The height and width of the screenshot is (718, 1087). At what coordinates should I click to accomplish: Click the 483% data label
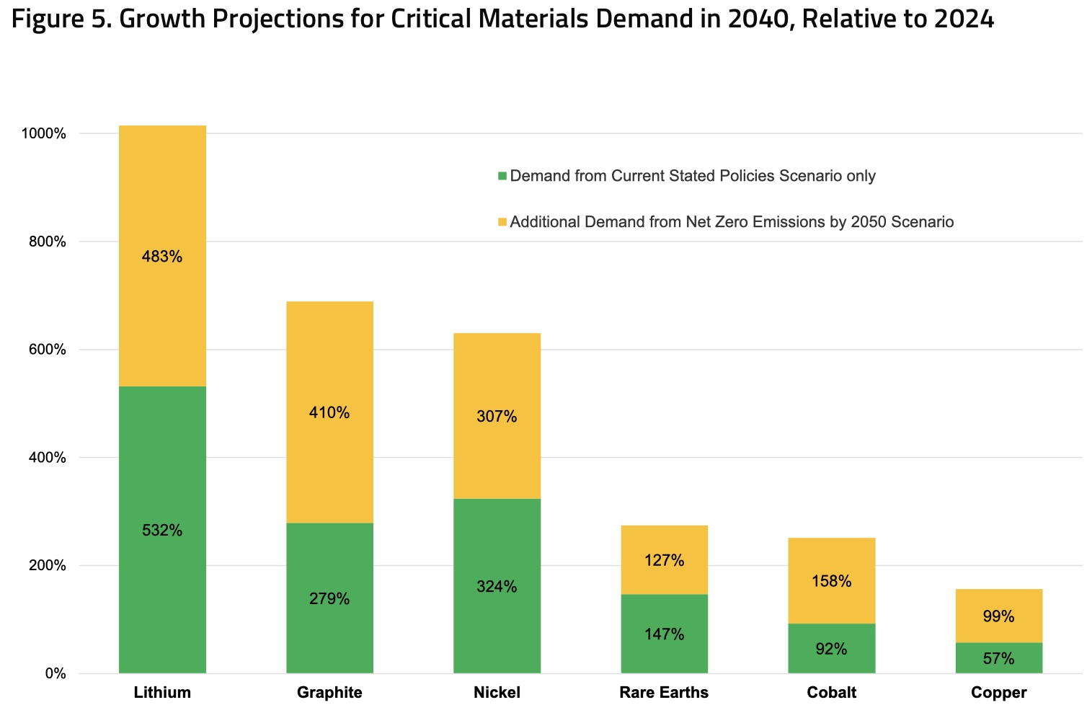[162, 257]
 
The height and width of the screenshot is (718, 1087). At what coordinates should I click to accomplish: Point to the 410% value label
[329, 413]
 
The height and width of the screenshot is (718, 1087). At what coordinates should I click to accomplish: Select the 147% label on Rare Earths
[664, 634]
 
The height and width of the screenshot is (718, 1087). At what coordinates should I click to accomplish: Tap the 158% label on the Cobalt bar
[831, 581]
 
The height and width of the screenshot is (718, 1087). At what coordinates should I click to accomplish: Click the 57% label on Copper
[998, 659]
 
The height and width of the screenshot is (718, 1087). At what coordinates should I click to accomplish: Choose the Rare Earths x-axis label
[664, 693]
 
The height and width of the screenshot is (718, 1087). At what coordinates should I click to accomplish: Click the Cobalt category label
[831, 693]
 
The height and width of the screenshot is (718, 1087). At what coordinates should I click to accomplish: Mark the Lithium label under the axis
[162, 693]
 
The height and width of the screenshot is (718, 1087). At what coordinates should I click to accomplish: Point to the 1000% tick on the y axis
[44, 134]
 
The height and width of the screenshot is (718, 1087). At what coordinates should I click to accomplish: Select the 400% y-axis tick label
[48, 458]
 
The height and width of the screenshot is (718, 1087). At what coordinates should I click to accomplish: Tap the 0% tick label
[55, 674]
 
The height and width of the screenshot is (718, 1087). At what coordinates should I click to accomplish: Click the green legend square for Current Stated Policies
[502, 177]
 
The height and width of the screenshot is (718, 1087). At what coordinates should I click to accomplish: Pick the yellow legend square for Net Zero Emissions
[502, 223]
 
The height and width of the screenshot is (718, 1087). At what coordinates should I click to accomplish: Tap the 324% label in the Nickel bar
[497, 587]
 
